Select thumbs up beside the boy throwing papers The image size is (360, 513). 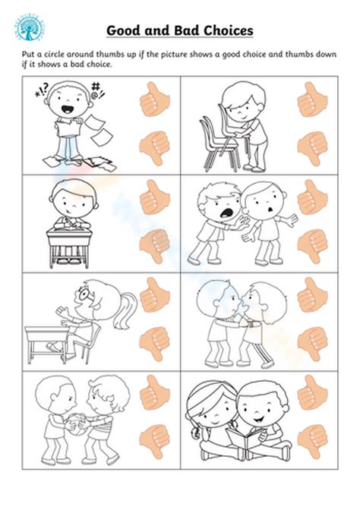point(154,99)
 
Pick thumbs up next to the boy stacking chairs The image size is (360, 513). point(311,99)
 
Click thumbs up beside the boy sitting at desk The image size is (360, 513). point(154,198)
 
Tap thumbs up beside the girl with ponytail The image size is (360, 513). point(154,295)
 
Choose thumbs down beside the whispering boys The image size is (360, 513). point(312,342)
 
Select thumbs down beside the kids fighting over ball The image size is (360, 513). point(155,439)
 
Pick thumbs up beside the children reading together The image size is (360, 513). point(311,393)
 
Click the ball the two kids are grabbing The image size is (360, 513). point(77,422)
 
